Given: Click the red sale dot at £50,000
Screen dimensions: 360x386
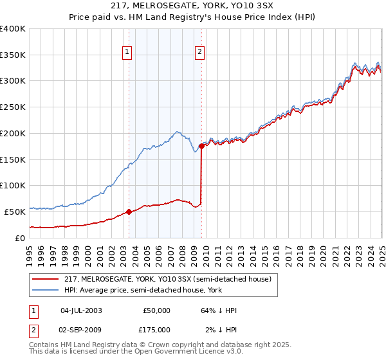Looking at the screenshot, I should [x=129, y=211].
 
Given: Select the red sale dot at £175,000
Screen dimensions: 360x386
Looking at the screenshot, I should [x=201, y=146].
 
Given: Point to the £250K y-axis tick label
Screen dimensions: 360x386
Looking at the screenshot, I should [x=13, y=107].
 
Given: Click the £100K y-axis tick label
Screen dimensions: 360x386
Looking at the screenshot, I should [x=13, y=185].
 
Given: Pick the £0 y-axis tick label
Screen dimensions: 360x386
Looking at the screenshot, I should [x=21, y=237].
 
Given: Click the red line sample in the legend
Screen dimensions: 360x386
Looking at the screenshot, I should [x=45, y=279].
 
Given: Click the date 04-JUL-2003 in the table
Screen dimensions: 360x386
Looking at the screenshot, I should [x=81, y=310].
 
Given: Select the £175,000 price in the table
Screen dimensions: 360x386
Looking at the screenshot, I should [x=156, y=329].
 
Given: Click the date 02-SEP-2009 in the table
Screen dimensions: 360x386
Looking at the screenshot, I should [x=81, y=329].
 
